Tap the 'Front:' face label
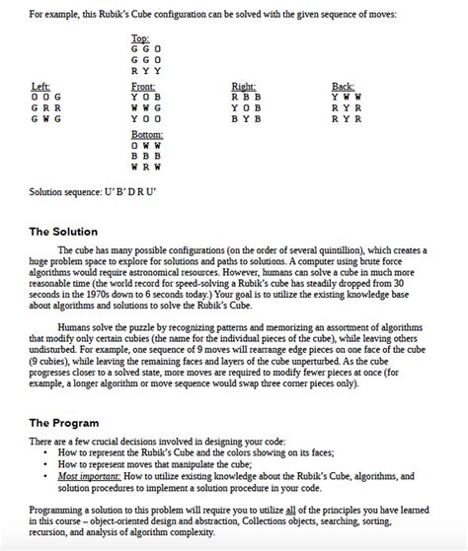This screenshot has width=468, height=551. pyautogui.click(x=144, y=87)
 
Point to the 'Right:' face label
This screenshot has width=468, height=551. pyautogui.click(x=243, y=87)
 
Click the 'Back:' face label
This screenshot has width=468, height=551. pyautogui.click(x=343, y=87)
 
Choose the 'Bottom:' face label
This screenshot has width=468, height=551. pyautogui.click(x=147, y=133)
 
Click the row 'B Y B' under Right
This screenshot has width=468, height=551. pyautogui.click(x=245, y=118)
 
